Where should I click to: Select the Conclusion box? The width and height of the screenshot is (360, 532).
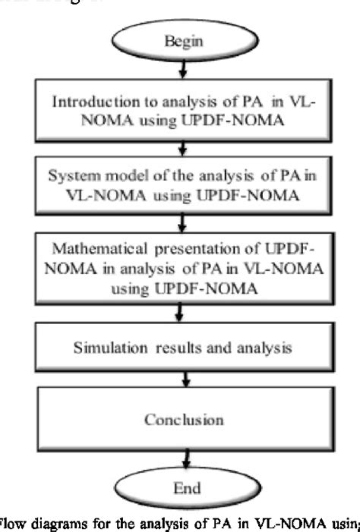pos(180,420)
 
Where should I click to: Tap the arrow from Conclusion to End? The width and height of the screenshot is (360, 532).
pos(180,458)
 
